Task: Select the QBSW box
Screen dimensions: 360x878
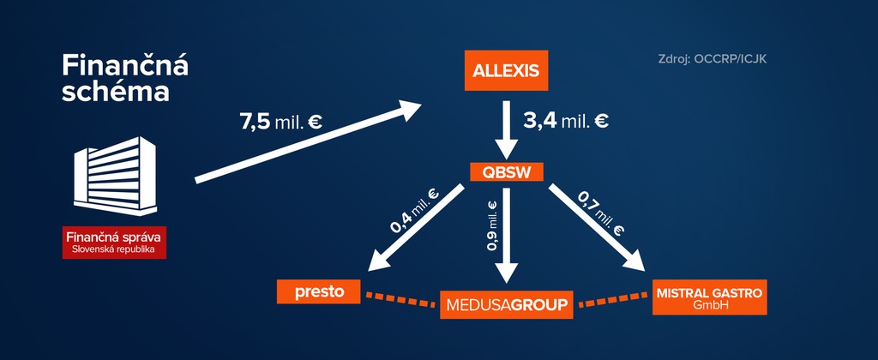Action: (x=507, y=171)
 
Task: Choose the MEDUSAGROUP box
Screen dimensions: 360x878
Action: (x=506, y=304)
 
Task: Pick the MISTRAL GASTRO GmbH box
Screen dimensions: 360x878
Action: (x=708, y=297)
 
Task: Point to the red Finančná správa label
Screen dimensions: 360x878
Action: (x=114, y=242)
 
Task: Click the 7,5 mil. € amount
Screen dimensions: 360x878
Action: (x=281, y=121)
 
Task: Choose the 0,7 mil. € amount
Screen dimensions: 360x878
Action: (x=599, y=213)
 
